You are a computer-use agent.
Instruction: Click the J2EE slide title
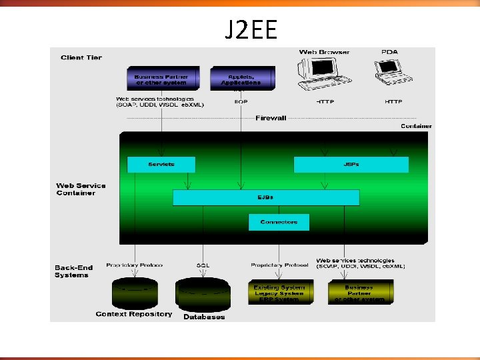click(x=251, y=29)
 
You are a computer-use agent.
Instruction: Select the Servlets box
click(x=161, y=165)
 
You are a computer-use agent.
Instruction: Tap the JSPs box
click(x=351, y=165)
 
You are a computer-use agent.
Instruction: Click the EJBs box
click(x=265, y=197)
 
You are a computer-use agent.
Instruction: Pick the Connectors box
click(x=279, y=222)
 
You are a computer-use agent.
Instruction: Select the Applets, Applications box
click(x=243, y=79)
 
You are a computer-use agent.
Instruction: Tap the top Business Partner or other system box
click(x=161, y=79)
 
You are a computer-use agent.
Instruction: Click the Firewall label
click(x=271, y=118)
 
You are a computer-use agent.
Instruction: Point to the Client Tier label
click(x=81, y=58)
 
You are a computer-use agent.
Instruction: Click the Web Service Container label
click(x=81, y=189)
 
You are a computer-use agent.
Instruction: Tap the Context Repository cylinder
click(x=135, y=291)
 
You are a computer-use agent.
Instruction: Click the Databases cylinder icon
click(x=203, y=292)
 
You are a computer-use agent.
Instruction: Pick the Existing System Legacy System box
click(x=279, y=292)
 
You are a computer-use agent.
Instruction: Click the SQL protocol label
click(x=203, y=265)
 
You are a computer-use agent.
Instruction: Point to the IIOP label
click(x=241, y=102)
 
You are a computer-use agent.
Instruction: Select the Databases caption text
click(x=204, y=317)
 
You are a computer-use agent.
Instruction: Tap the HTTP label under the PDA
click(x=393, y=102)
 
